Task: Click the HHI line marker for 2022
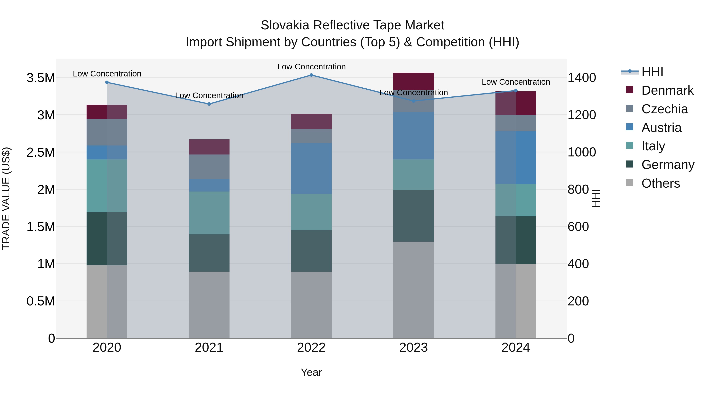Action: coord(311,75)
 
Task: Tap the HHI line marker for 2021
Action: coord(209,104)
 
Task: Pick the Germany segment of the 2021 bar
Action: coord(209,253)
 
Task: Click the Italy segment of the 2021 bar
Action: coord(209,213)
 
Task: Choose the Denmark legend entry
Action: coord(667,90)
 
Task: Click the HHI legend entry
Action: coord(652,72)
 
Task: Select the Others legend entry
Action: coord(660,183)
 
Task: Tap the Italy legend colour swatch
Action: coord(630,146)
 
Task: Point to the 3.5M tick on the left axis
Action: coord(41,78)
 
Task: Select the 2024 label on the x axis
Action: coord(516,348)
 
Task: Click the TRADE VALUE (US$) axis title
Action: coord(6,198)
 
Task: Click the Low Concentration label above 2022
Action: coord(311,67)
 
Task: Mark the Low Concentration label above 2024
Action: coord(516,82)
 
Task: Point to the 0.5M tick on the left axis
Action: coord(41,301)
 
